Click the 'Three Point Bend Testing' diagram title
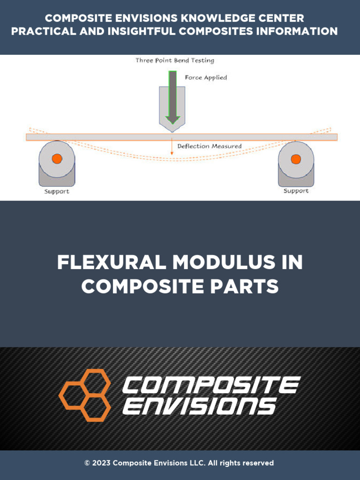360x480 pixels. [174, 60]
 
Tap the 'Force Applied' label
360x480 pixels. [206, 77]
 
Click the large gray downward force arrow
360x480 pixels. [172, 96]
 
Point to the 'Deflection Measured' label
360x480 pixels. [210, 146]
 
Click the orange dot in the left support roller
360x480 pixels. [57, 159]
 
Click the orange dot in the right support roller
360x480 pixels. [296, 159]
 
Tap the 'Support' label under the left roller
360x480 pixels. [57, 191]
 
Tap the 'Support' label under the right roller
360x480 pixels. [296, 191]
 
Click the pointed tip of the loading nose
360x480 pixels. [172, 131]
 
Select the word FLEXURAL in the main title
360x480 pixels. [111, 262]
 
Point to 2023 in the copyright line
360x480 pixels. [102, 463]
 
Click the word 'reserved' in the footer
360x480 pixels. [258, 463]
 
